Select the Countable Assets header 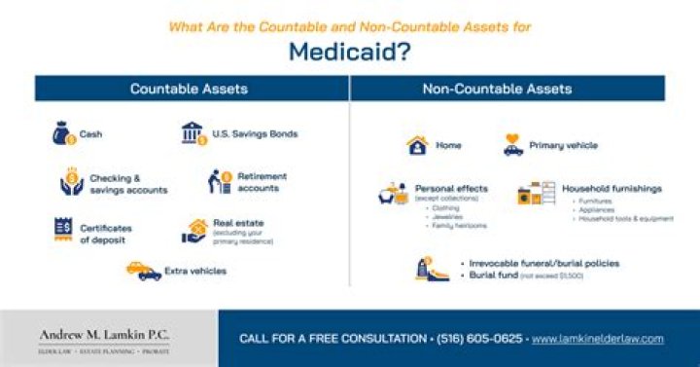189,89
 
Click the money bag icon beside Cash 63,133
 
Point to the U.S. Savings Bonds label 256,133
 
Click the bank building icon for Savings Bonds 193,133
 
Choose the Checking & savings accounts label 128,184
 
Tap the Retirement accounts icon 221,181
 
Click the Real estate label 238,223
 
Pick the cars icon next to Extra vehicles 144,271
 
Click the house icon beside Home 417,146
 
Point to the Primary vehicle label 563,146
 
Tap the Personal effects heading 451,188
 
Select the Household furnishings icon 533,193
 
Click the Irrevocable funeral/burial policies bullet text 543,263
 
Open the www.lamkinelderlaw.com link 598,339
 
